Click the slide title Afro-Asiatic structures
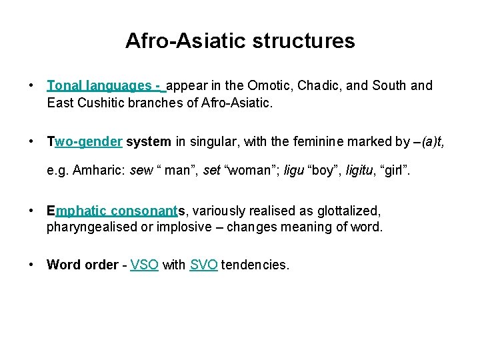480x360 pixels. point(240,41)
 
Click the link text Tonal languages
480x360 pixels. point(99,86)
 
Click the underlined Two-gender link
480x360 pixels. point(85,142)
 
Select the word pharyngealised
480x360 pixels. point(92,227)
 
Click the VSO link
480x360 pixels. point(145,265)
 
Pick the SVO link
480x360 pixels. point(203,265)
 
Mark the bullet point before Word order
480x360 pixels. point(32,265)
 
